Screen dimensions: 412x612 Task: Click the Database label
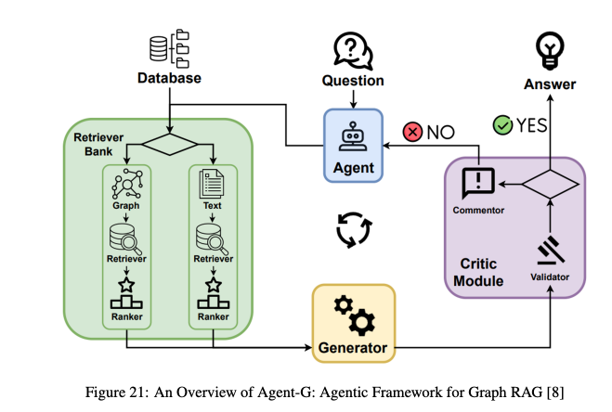tap(169, 78)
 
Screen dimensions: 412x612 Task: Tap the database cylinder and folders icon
tap(170, 46)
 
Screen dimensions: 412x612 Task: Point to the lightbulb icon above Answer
tap(549, 49)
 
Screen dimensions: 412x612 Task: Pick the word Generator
tap(353, 348)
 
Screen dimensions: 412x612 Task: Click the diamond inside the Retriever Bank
tap(169, 145)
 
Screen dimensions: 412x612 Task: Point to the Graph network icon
tap(125, 186)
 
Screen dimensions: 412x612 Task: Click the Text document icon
tap(213, 186)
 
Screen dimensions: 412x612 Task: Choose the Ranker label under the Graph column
tap(125, 315)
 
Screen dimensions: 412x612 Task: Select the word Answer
tap(549, 84)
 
